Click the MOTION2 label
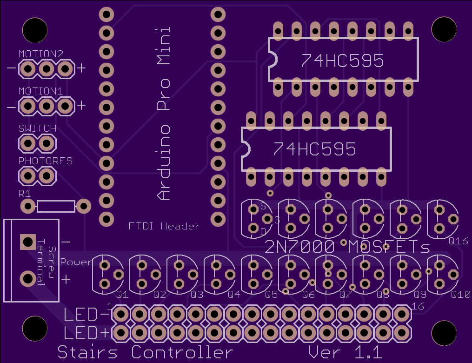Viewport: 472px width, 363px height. [41, 54]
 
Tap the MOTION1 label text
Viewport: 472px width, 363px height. [40, 91]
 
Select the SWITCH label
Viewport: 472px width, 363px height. [37, 128]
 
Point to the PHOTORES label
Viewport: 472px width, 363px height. [46, 161]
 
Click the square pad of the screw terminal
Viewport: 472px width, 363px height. [28, 242]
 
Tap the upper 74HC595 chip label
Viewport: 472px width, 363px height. [343, 60]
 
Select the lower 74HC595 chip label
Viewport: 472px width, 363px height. [314, 149]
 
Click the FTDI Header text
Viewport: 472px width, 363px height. [164, 226]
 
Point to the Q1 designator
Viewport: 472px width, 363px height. [122, 294]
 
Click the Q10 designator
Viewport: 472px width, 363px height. [460, 294]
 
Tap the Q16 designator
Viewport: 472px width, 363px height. [459, 241]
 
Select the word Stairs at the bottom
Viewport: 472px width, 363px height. [87, 352]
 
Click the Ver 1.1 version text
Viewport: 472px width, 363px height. [346, 352]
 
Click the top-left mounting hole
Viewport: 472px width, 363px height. [35, 30]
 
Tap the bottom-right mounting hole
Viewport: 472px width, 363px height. [444, 333]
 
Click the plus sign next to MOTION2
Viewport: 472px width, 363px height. [81, 68]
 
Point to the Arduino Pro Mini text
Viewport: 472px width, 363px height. [164, 114]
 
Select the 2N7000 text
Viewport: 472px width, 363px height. [299, 247]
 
